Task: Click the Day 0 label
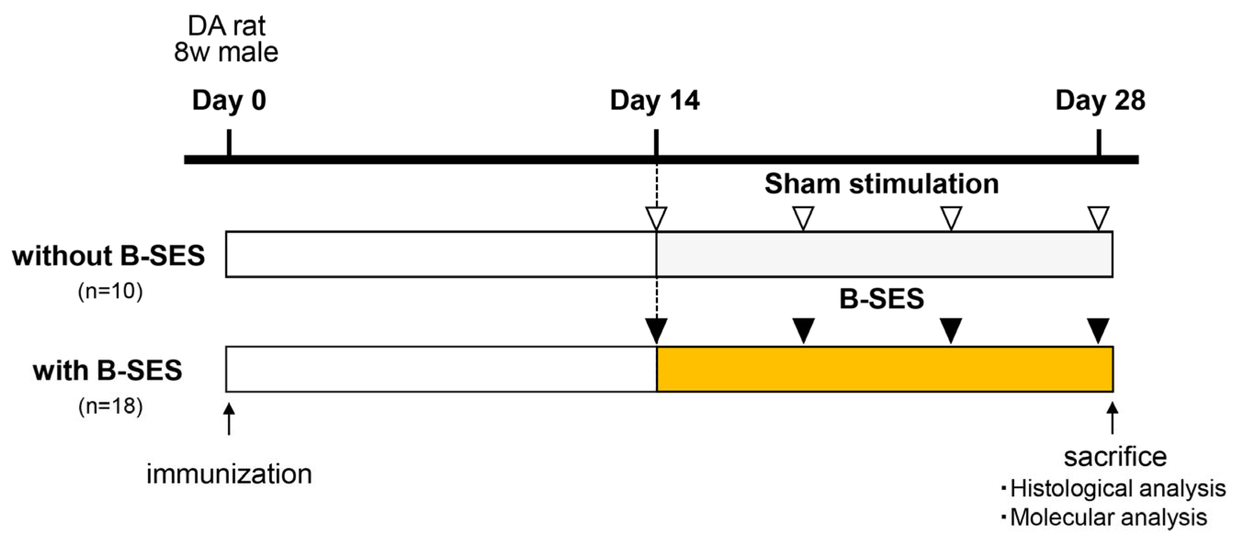coord(229,101)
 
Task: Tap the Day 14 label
coord(654,101)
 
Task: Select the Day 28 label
coord(1101,101)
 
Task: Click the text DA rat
coord(226,26)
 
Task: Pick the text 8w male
coord(226,52)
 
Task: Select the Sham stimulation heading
coord(881,184)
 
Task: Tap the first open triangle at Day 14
coord(656,218)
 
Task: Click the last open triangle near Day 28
coord(1098,218)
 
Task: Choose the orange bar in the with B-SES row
coord(884,369)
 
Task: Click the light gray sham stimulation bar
coord(884,254)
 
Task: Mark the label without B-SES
coord(109,255)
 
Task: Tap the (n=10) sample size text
coord(110,292)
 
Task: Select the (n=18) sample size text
coord(110,406)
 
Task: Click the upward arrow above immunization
coord(229,418)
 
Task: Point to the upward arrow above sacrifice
coord(1112,418)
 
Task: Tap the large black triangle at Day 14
coord(656,330)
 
